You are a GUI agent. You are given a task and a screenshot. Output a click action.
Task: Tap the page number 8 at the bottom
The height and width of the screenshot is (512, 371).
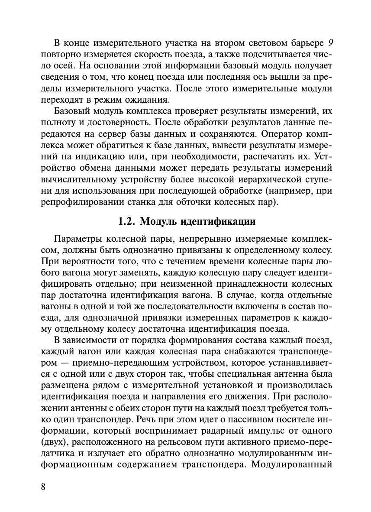pos(43,486)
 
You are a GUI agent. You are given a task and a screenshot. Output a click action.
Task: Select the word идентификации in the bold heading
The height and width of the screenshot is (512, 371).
pos(219,222)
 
